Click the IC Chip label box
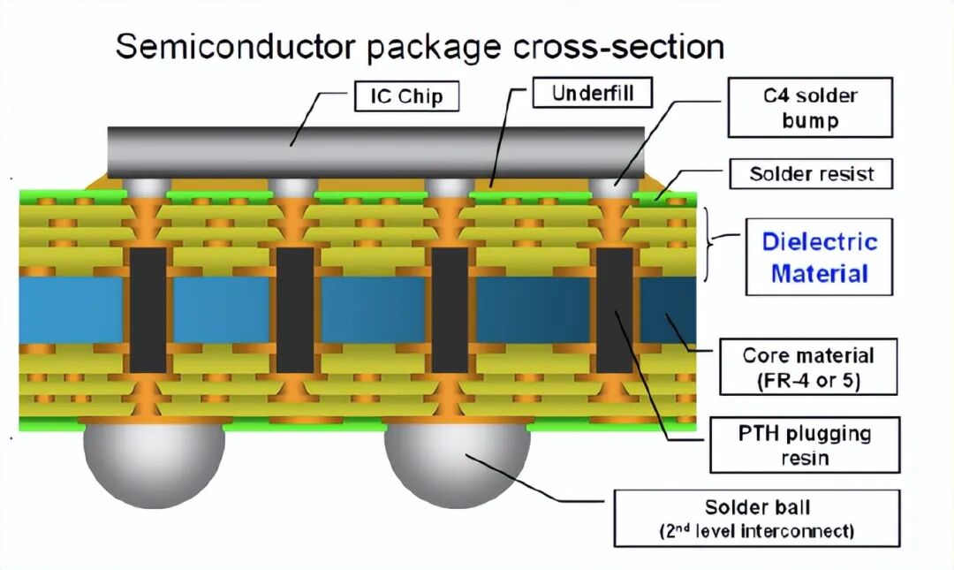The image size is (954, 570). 407,95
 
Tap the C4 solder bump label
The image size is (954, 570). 810,107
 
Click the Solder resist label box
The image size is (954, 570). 810,174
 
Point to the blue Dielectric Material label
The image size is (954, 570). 819,256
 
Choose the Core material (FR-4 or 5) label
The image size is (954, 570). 807,369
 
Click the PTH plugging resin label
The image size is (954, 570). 804,445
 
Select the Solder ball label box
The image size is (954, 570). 756,518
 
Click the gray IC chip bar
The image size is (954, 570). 375,149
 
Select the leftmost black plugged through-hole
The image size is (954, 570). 148,309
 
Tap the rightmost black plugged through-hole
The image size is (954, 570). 615,309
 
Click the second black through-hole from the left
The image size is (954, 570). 295,309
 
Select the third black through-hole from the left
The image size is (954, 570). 449,309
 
